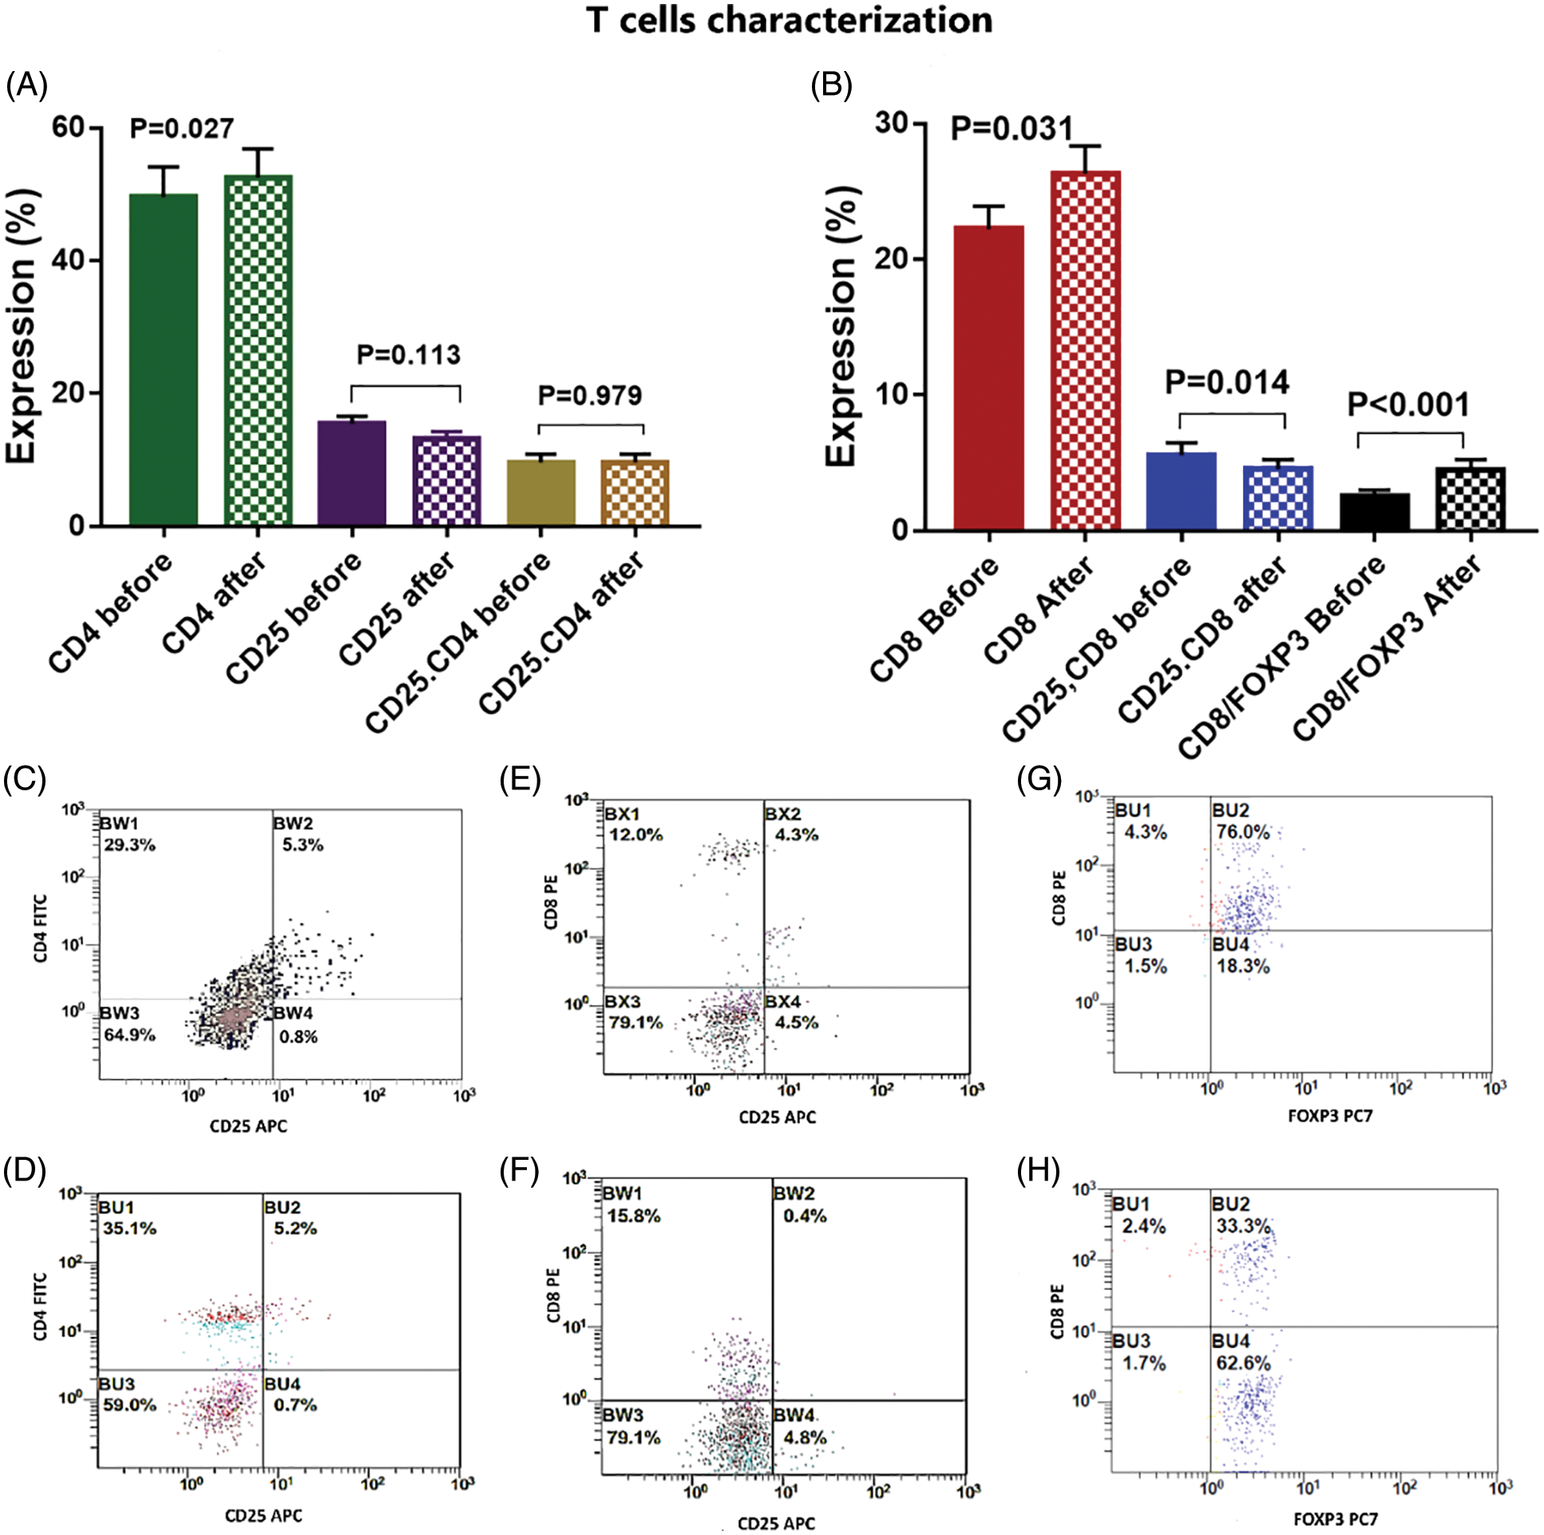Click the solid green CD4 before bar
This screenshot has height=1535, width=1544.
(163, 359)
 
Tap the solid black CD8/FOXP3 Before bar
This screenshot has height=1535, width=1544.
(1374, 512)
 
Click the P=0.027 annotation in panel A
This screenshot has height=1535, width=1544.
(181, 128)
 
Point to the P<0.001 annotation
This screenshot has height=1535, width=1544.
(1408, 406)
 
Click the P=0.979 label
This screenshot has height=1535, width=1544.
(590, 396)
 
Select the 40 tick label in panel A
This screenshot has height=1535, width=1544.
(69, 260)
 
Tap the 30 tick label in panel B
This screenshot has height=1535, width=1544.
(892, 124)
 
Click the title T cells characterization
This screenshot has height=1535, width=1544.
(790, 21)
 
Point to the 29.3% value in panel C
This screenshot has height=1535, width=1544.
(129, 845)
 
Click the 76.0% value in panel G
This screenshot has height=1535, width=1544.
(1243, 832)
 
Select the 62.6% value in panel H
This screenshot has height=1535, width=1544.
(1243, 1363)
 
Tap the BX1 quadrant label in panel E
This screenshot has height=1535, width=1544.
(623, 814)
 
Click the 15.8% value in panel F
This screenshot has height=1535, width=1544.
(633, 1217)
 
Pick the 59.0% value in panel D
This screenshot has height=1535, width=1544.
(129, 1405)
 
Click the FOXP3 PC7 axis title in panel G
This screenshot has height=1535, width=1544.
(1330, 1115)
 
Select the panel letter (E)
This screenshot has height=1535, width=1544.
(520, 778)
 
